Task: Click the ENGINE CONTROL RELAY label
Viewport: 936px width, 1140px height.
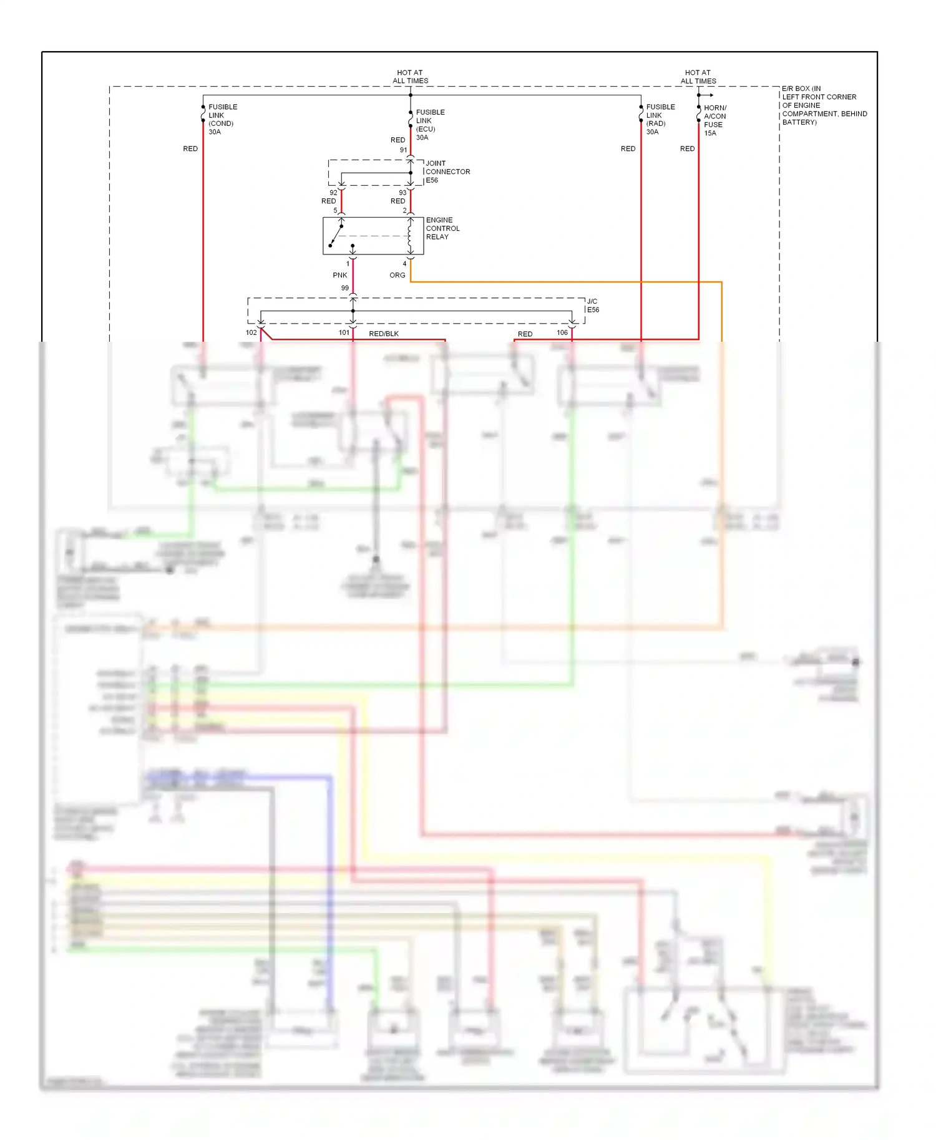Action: coord(442,228)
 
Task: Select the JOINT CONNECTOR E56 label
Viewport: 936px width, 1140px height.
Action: coord(447,171)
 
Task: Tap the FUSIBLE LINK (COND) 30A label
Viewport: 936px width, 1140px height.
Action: coord(222,119)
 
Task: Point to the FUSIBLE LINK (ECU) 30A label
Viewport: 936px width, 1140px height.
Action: coord(430,125)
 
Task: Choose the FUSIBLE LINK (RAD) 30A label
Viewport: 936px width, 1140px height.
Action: coord(660,119)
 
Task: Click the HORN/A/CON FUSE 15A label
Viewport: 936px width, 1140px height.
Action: coord(714,120)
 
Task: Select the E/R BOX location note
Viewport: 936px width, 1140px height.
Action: coord(823,105)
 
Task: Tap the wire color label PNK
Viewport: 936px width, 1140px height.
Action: coord(339,275)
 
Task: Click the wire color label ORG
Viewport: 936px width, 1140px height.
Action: coord(397,275)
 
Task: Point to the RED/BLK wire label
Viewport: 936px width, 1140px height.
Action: coord(383,334)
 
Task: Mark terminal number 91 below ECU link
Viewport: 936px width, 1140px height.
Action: coord(403,150)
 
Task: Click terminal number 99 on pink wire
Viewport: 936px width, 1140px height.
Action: coord(344,288)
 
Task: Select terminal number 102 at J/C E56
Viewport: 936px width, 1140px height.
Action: coord(251,332)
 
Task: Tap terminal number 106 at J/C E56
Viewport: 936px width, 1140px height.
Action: coord(562,332)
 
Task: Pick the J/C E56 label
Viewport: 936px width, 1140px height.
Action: coord(592,306)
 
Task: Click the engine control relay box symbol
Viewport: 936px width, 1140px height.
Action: coord(373,236)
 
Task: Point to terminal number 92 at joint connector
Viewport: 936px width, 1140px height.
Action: coord(333,193)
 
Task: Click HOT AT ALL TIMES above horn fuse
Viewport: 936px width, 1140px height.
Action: coord(698,77)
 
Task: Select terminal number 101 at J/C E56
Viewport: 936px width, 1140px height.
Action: coord(344,332)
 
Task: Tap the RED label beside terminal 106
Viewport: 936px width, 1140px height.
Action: coord(525,334)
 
